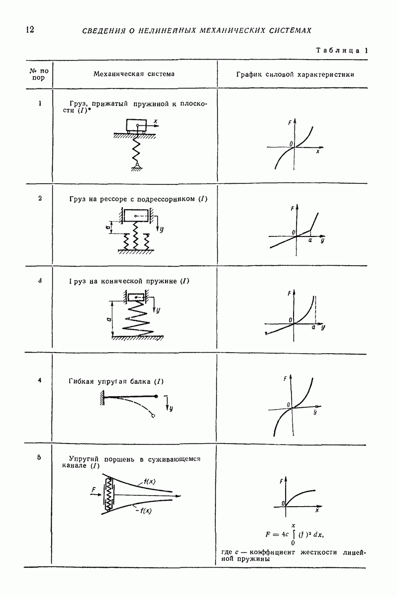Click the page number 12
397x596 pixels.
click(x=30, y=29)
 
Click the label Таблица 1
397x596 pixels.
click(x=342, y=50)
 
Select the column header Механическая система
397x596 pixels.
click(x=134, y=74)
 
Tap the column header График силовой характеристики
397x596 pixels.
click(x=295, y=74)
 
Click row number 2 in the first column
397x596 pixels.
click(x=40, y=198)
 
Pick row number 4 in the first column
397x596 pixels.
click(x=40, y=380)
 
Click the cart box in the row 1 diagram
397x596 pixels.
click(x=136, y=125)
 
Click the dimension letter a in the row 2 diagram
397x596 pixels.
click(x=107, y=226)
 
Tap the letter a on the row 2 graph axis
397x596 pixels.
click(x=310, y=240)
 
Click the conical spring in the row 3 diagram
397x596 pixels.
click(x=137, y=317)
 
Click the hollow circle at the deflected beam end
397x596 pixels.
click(x=153, y=416)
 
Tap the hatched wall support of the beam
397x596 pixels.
click(x=102, y=398)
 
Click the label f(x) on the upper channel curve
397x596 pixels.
click(x=149, y=481)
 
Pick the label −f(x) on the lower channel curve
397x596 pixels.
click(x=144, y=511)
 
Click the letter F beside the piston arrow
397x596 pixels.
click(x=94, y=490)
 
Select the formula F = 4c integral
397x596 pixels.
click(x=295, y=534)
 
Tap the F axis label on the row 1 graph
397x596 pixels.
click(x=290, y=123)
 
